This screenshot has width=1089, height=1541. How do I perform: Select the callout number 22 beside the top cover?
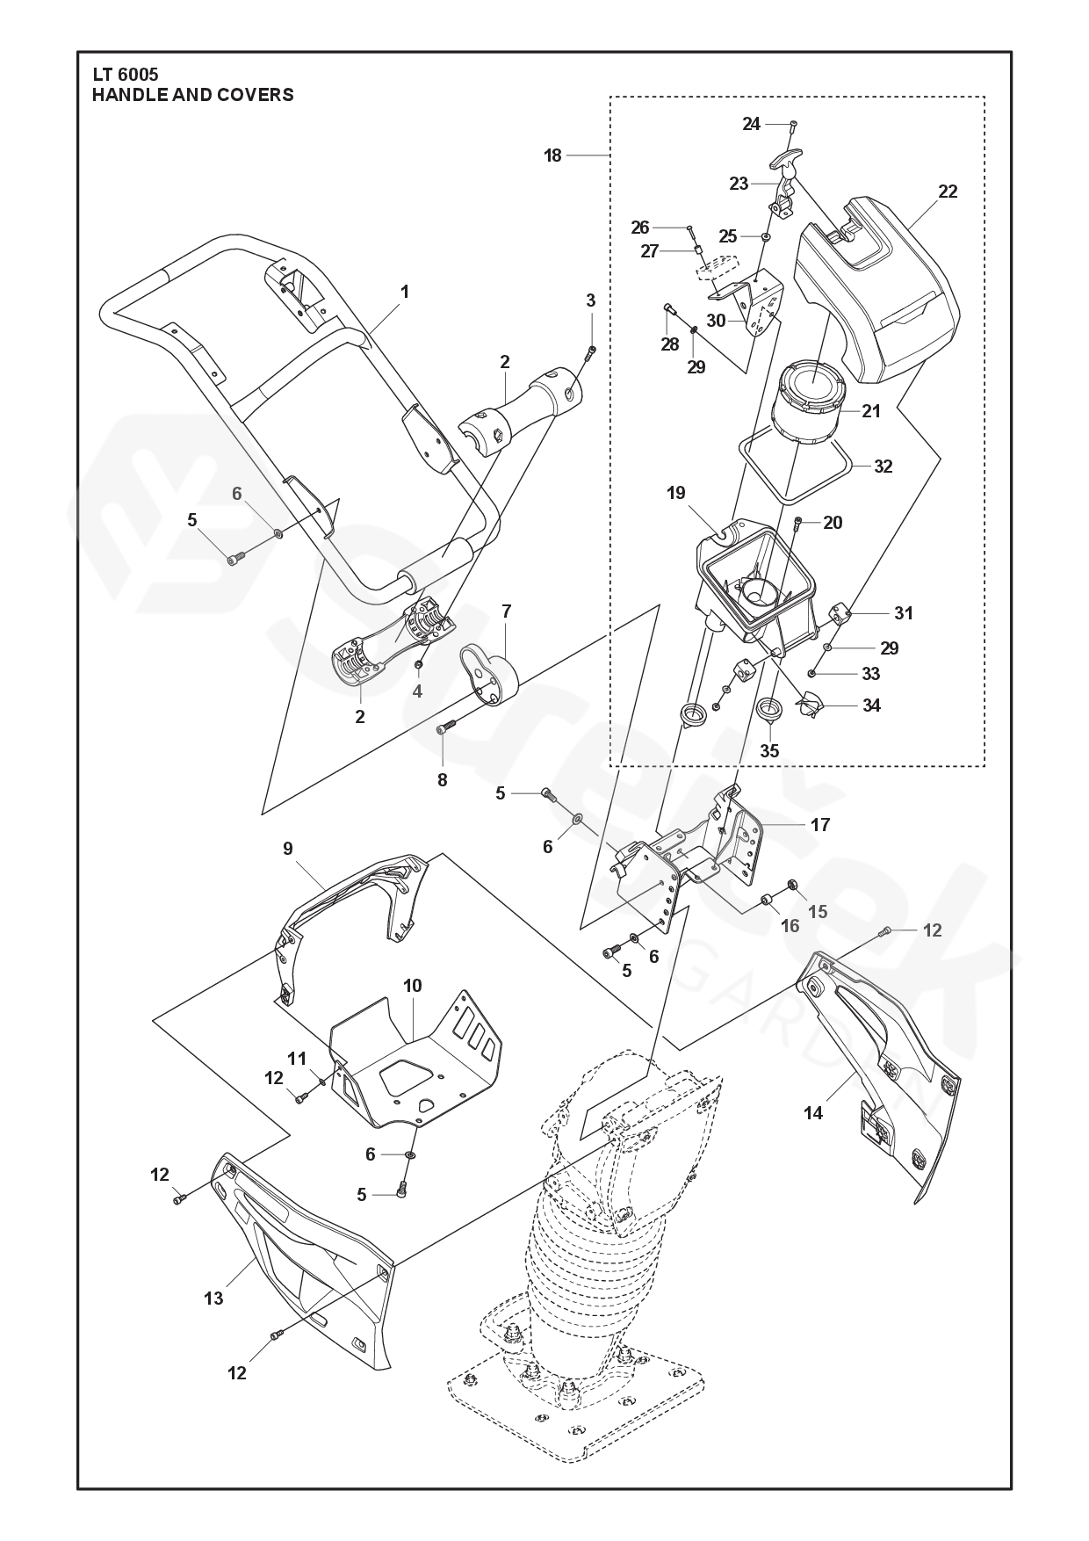click(x=948, y=192)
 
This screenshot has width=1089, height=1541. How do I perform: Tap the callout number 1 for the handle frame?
click(x=405, y=292)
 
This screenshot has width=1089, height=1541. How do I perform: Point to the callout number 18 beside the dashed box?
click(x=552, y=156)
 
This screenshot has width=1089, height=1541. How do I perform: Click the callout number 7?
click(x=507, y=610)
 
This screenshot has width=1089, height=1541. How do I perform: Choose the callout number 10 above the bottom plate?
click(x=412, y=986)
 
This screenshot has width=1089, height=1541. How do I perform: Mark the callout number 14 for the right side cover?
click(x=813, y=1113)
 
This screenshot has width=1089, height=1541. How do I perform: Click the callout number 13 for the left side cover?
click(x=213, y=1298)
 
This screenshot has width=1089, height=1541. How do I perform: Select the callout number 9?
click(x=288, y=849)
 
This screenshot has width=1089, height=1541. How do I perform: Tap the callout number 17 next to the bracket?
click(x=820, y=825)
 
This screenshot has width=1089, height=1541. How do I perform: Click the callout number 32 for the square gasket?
click(x=883, y=467)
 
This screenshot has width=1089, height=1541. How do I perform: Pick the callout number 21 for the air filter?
click(x=870, y=410)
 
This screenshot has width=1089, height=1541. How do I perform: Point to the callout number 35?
click(x=769, y=751)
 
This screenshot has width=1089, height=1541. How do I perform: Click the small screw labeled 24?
click(x=792, y=124)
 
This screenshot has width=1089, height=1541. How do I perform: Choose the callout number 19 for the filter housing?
click(x=675, y=493)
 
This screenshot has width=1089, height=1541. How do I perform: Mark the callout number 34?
click(x=871, y=705)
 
